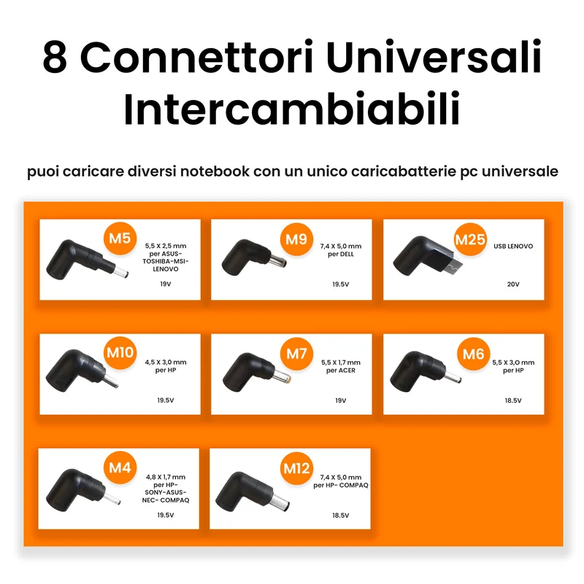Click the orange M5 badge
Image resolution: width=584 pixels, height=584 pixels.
coord(120,239)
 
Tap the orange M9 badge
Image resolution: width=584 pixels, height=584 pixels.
coord(296,239)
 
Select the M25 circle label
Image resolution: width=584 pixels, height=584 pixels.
coord(470,239)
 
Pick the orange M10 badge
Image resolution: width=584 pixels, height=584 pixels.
coord(120,353)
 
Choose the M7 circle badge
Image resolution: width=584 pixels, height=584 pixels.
coord(296,353)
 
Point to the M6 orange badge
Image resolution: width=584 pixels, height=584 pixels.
coord(473,354)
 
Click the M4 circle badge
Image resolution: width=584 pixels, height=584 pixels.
coord(120,467)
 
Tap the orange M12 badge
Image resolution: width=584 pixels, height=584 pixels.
coord(296,468)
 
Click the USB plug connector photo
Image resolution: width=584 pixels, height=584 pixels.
coord(428,256)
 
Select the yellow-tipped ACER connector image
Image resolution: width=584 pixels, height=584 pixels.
coord(256,372)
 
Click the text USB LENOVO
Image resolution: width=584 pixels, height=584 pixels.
coord(513,246)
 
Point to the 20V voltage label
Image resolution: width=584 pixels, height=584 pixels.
coord(513,284)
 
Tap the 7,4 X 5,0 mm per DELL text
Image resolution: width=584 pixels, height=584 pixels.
coord(341,250)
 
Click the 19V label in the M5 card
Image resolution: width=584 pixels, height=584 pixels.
coord(166,284)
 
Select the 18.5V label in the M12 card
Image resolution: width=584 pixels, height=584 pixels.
coord(340,515)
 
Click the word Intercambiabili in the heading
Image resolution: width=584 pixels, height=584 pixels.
coord(291,108)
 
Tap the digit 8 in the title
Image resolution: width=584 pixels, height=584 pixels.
coord(55,57)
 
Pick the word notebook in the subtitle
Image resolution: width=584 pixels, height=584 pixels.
coord(215,172)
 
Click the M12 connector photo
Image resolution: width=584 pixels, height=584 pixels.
coord(253,491)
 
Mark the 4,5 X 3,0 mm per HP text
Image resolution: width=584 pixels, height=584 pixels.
coord(166,366)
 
